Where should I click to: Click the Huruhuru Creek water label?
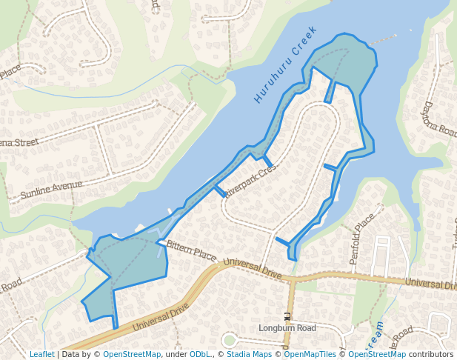[x=285, y=64]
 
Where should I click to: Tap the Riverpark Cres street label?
[x=250, y=180]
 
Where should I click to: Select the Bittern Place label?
[x=191, y=250]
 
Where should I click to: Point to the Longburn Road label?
[x=287, y=328]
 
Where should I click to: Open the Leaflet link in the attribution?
[x=41, y=355]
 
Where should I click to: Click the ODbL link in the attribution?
[x=199, y=355]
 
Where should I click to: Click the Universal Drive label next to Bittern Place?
[x=252, y=268]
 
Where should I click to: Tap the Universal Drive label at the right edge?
[x=430, y=284]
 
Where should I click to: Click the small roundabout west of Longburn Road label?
[x=230, y=341]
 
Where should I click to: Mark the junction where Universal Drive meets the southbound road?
[x=293, y=280]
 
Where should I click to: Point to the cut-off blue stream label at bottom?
[x=378, y=334]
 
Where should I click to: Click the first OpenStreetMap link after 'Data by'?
[x=132, y=355]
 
